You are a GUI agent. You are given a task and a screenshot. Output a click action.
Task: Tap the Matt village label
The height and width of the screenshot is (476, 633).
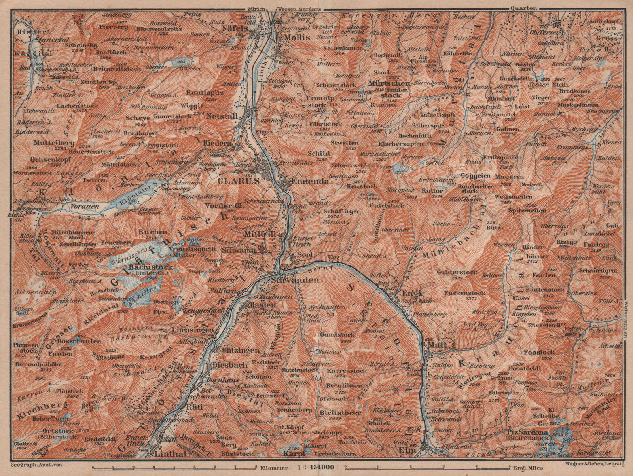[438, 345]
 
